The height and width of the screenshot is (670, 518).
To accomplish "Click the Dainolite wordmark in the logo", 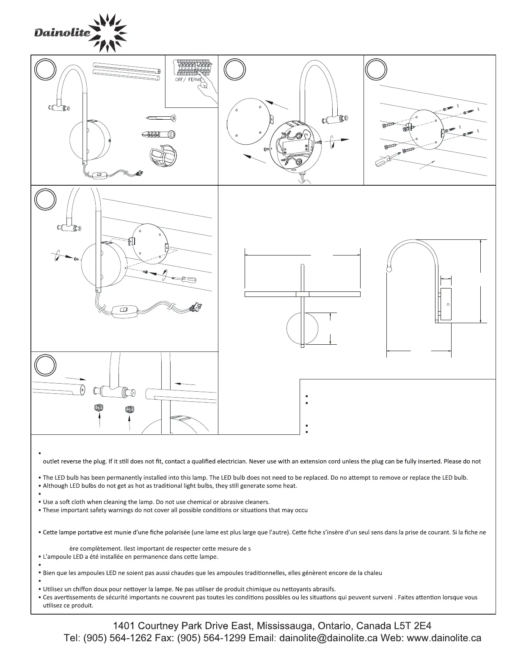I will click(x=62, y=33).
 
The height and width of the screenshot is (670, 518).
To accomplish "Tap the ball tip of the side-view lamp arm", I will click(x=389, y=269).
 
